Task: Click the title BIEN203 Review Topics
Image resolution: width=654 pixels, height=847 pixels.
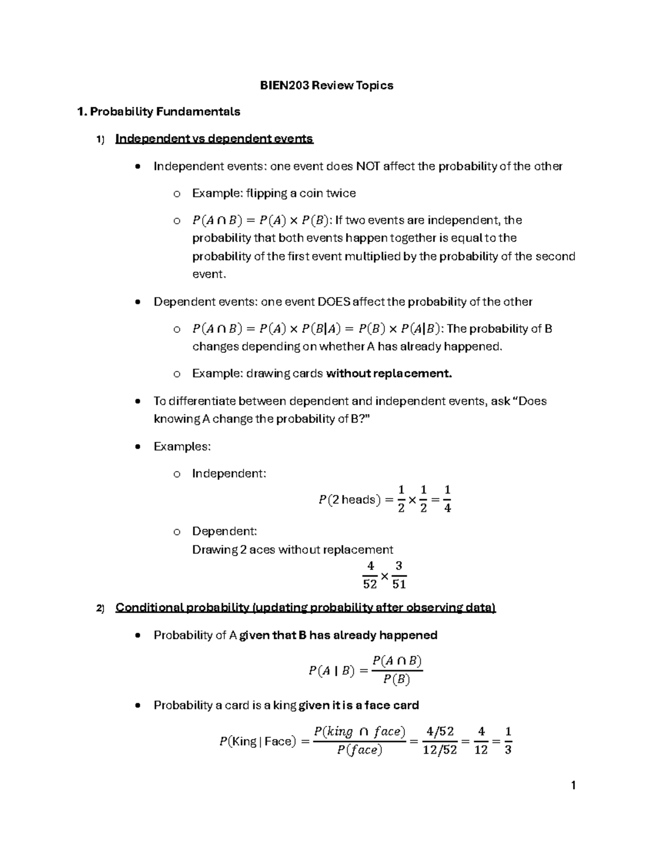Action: tap(326, 85)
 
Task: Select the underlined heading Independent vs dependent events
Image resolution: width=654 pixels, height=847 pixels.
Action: tap(214, 139)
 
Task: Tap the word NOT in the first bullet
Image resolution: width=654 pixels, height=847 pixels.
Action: tap(368, 166)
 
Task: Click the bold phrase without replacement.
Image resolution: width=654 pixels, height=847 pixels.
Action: tap(389, 374)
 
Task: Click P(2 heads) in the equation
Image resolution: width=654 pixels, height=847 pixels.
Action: tap(349, 500)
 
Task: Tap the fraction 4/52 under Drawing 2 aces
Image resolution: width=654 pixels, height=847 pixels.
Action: tap(370, 575)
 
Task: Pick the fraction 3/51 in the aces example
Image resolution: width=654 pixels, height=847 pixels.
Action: tap(399, 575)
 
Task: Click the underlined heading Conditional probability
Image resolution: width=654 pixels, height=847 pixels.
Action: tap(305, 608)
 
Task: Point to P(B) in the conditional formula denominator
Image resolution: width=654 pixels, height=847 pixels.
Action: tap(396, 680)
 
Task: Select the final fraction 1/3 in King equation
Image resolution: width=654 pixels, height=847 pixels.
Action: tap(508, 741)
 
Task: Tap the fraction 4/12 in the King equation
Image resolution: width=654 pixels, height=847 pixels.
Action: tap(481, 741)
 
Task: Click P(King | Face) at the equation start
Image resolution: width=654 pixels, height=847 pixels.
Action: tap(257, 741)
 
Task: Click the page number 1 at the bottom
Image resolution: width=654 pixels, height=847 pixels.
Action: tap(573, 786)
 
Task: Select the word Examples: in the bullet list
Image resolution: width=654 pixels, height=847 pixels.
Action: tap(182, 447)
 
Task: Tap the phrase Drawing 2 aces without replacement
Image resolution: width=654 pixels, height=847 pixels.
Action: tap(292, 550)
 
